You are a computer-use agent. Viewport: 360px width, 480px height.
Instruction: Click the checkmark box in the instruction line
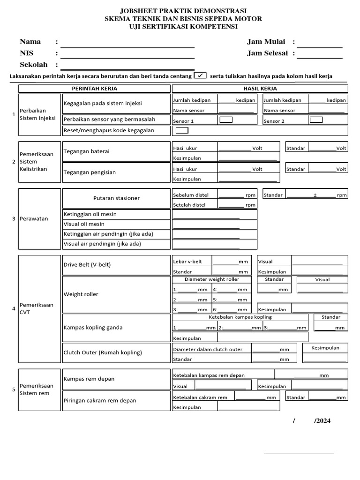pos(200,76)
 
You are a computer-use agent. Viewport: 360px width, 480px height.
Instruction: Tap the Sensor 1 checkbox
pos(226,120)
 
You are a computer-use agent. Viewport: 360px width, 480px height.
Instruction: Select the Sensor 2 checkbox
pos(316,120)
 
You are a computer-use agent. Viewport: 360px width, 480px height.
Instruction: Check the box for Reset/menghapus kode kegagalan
pos(181,130)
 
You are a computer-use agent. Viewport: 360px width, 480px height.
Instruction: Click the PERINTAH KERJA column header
pos(94,89)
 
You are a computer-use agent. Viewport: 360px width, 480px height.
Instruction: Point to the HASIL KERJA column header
pos(260,89)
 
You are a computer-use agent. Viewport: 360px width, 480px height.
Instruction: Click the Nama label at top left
pos(30,42)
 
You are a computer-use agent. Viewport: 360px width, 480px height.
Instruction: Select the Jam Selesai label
pos(267,53)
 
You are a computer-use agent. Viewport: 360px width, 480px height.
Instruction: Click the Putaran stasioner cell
pos(116,198)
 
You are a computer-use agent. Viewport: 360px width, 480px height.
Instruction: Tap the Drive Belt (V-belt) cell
pos(87,265)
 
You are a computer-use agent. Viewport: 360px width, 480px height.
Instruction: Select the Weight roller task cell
pos(81,294)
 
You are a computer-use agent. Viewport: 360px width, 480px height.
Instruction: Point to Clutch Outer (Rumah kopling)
pos(102,352)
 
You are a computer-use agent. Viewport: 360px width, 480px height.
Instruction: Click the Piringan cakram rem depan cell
pos(99,401)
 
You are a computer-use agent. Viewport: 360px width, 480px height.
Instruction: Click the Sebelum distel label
pos(191,195)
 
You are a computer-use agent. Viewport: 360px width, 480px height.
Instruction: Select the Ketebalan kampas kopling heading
pos(240,317)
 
